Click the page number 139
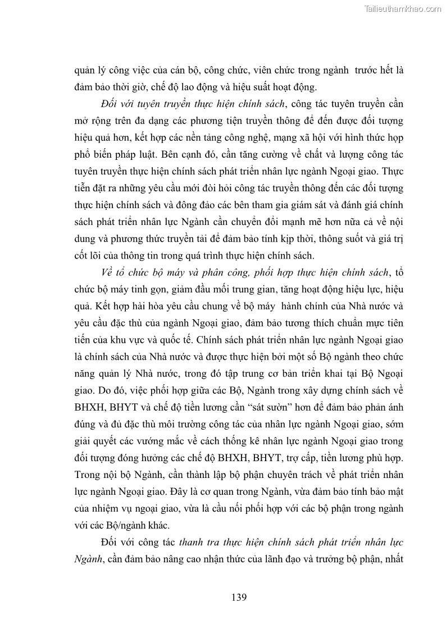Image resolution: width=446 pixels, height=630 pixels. point(239,597)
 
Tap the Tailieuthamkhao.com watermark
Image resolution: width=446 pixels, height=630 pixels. point(403,8)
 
